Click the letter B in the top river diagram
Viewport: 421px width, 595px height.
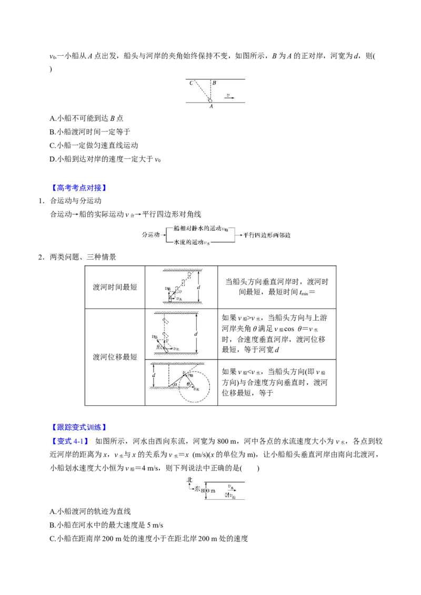click(215, 83)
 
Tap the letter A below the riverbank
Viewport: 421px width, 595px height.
click(211, 106)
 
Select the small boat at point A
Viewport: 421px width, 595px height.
click(210, 100)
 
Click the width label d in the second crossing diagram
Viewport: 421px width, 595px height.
click(196, 334)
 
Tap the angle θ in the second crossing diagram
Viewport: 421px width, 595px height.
click(158, 346)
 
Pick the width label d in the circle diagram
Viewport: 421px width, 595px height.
click(153, 375)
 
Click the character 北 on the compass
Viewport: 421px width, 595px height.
click(190, 479)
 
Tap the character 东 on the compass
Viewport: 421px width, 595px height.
click(197, 490)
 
